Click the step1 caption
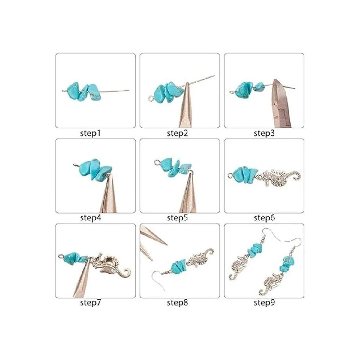(x=90, y=133)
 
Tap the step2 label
(x=178, y=133)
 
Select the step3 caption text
(x=264, y=133)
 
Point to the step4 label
(x=91, y=218)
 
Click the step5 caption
(x=178, y=218)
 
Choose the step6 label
(x=264, y=218)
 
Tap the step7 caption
(x=90, y=303)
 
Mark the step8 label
(x=178, y=303)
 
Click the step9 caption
(x=264, y=303)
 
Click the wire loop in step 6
(x=230, y=175)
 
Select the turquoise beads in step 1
(x=82, y=91)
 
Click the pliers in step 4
(x=109, y=194)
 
